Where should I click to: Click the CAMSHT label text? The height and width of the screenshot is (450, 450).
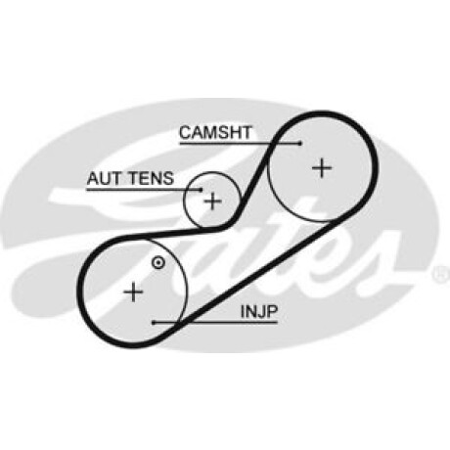215,132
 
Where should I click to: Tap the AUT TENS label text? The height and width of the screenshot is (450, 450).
130,178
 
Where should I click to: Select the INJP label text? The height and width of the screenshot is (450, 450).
259,312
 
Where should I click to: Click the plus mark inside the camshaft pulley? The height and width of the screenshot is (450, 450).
322,168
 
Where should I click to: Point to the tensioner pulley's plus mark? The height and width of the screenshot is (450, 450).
212,201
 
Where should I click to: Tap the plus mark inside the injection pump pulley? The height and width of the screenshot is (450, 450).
133,292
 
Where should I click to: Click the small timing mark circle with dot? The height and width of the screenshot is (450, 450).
158,263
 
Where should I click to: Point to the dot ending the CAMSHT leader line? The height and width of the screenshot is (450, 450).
300,143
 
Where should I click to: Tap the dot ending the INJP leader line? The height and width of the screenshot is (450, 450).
154,323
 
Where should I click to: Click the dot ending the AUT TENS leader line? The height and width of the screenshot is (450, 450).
201,190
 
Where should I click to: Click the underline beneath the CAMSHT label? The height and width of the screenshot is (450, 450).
240,143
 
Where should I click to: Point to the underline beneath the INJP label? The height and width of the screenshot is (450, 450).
215,323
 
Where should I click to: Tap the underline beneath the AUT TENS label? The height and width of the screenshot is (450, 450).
144,190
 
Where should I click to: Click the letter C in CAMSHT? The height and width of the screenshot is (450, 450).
185,132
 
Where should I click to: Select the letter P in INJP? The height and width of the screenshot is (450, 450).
271,312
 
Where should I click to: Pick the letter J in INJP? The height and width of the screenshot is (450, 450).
260,312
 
